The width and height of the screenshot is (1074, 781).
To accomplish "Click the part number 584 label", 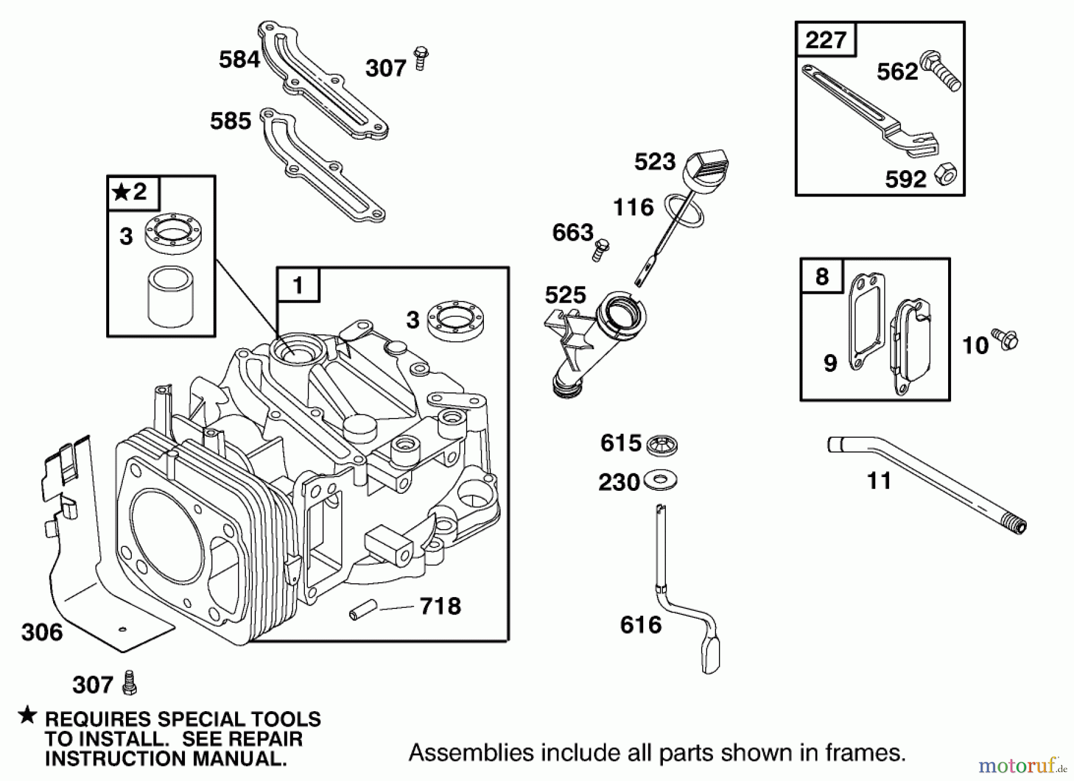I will (x=239, y=60).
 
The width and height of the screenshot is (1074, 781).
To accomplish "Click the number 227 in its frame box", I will (x=826, y=40).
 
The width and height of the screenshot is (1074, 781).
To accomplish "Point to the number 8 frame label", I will (x=822, y=276).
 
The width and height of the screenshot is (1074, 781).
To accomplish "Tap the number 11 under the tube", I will (x=879, y=481).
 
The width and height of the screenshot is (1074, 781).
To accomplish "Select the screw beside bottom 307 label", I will (x=129, y=682).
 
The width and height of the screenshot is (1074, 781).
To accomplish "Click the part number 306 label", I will (x=42, y=632).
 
